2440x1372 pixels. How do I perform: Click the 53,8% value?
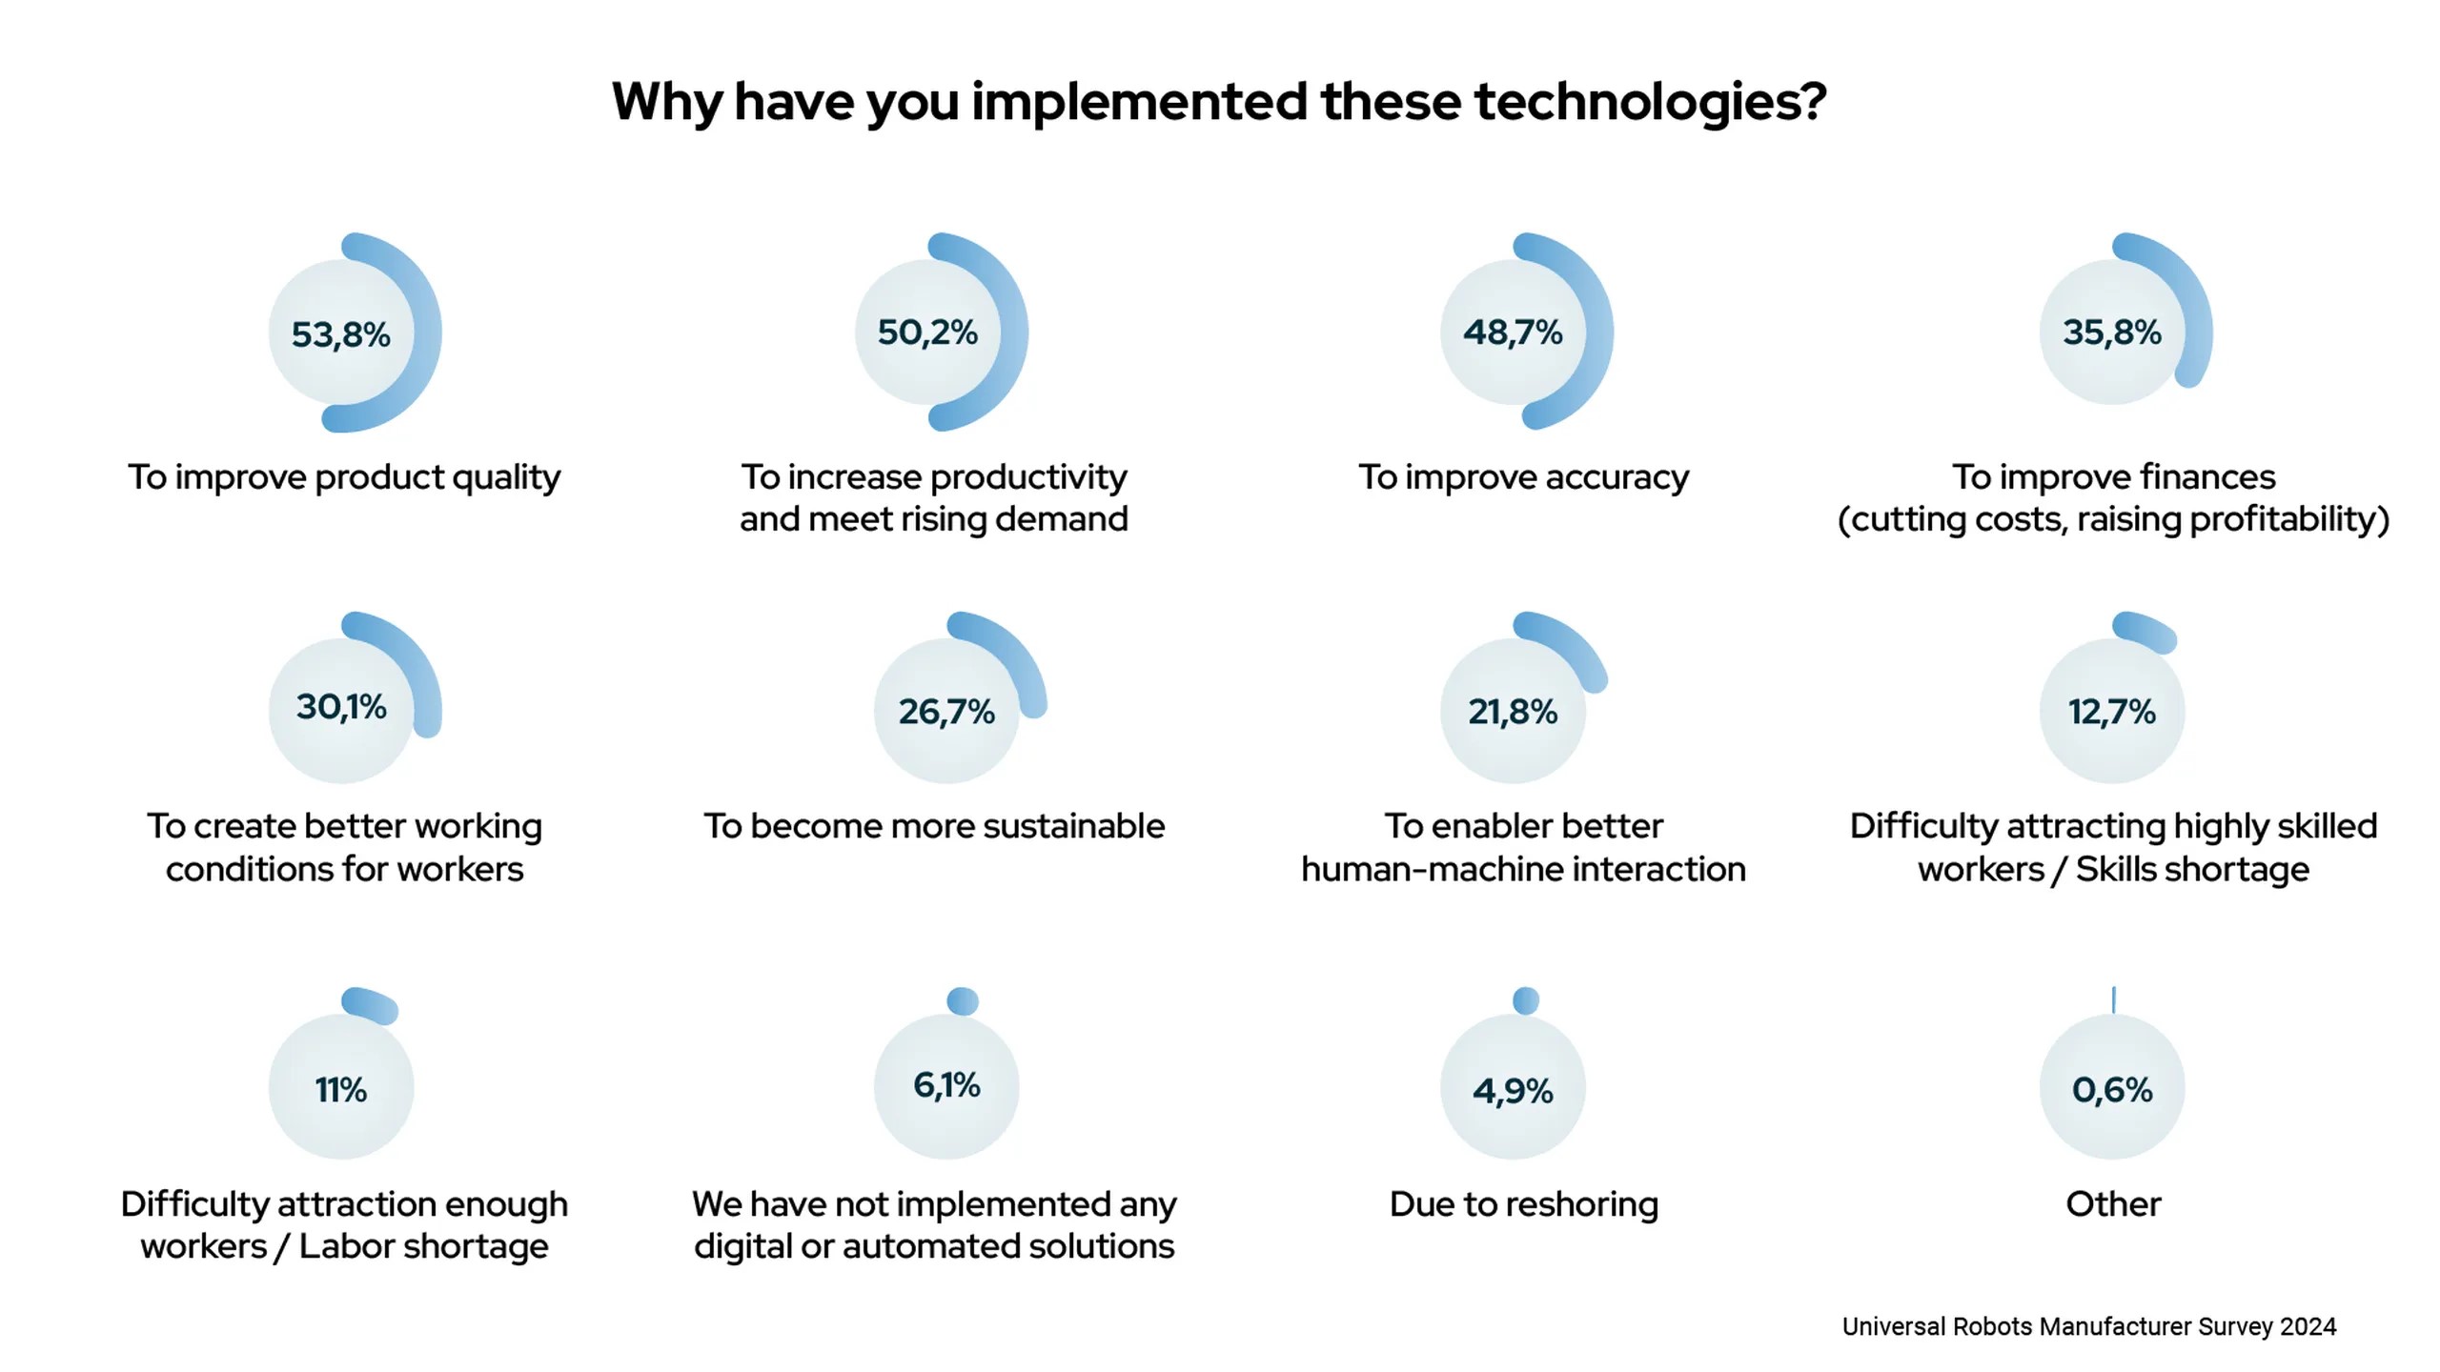point(341,334)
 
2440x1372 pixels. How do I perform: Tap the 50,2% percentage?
point(927,333)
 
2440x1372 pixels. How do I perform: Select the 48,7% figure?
point(1513,333)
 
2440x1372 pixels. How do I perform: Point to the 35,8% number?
point(2112,333)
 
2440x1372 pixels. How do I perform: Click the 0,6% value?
point(2112,1089)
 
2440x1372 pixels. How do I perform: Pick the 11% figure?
point(341,1089)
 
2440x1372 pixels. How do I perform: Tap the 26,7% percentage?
point(946,712)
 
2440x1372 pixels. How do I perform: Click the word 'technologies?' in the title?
point(1650,102)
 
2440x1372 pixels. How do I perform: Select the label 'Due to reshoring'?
point(1523,1204)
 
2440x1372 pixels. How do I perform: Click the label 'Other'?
point(2113,1204)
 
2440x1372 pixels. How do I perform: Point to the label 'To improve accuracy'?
point(1523,477)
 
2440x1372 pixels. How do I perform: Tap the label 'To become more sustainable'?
point(934,826)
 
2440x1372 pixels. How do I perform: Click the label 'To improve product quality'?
point(344,477)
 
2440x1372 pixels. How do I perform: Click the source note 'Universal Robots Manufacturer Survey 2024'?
point(2088,1326)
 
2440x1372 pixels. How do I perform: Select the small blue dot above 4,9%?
point(1526,1000)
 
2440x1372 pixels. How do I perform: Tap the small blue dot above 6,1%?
point(963,1001)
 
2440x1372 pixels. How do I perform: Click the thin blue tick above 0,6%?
point(2114,999)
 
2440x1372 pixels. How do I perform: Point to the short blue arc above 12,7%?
point(2145,632)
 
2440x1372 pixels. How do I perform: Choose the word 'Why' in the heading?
point(666,102)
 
